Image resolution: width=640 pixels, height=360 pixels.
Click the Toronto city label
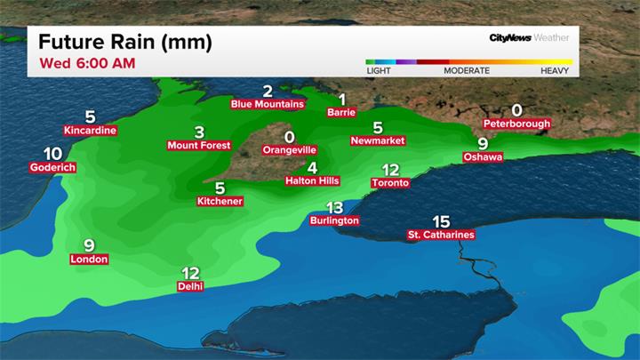click(x=390, y=183)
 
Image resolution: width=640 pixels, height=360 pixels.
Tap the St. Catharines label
click(x=440, y=235)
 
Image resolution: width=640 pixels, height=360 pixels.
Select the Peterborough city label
click(x=516, y=124)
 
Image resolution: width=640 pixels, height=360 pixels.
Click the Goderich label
click(x=52, y=167)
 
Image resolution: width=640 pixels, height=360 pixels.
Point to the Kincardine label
click(x=90, y=131)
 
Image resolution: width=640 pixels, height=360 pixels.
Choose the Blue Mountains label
click(x=267, y=104)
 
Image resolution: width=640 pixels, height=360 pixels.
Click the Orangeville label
click(x=288, y=151)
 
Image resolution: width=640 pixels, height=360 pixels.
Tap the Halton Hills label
click(x=312, y=180)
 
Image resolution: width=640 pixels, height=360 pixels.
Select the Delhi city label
click(x=190, y=286)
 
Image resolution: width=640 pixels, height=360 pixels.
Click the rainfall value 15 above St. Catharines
click(x=441, y=221)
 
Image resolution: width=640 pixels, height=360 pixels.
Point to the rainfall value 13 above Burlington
click(x=335, y=206)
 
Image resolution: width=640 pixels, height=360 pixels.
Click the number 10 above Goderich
click(x=52, y=153)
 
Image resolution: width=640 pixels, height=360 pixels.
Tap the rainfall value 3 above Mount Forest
click(x=199, y=131)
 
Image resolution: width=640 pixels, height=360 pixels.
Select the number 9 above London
click(x=89, y=245)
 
